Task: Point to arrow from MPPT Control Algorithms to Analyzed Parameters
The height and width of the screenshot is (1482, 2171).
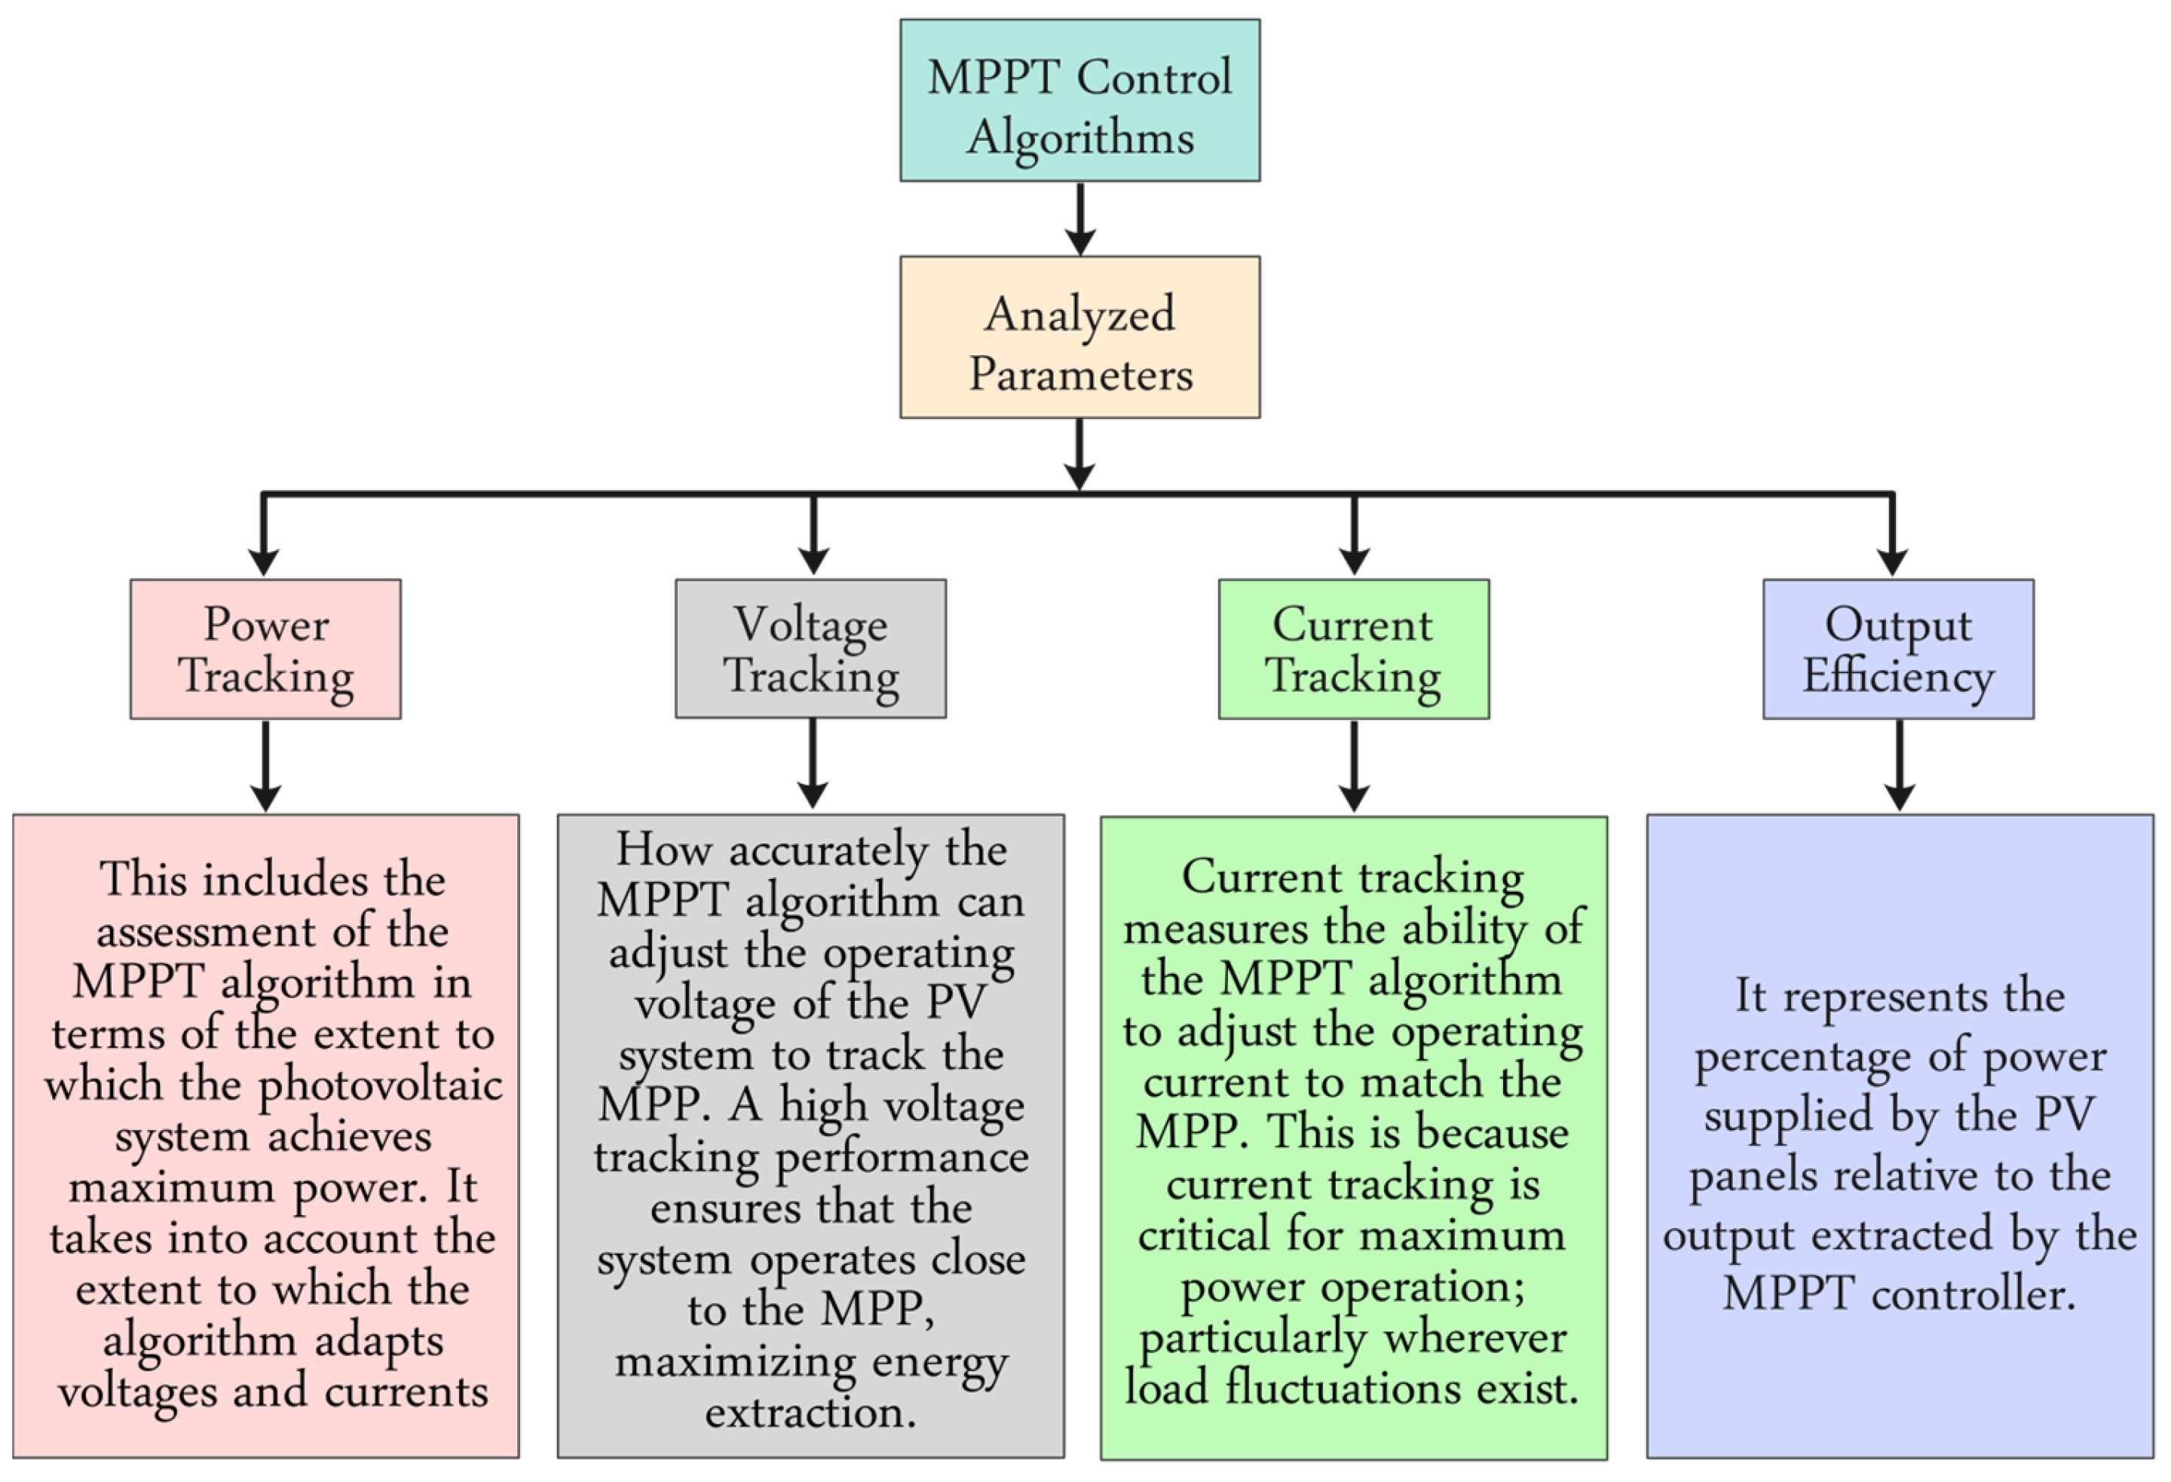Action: tap(1080, 218)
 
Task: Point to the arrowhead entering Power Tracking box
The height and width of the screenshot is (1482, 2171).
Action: tap(263, 561)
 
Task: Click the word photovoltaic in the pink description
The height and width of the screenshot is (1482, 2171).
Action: tap(379, 1085)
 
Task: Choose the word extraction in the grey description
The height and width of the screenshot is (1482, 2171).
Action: tap(810, 1412)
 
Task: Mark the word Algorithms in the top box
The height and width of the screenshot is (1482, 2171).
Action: tap(1080, 138)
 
